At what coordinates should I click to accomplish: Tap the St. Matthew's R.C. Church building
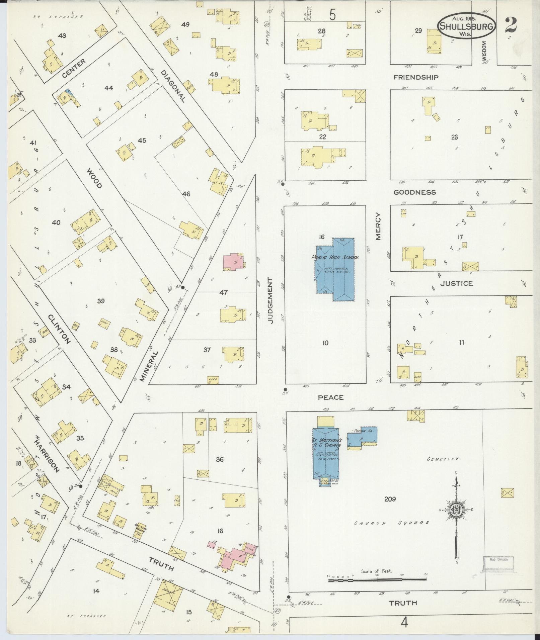(x=327, y=453)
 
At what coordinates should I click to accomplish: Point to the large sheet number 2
(x=511, y=25)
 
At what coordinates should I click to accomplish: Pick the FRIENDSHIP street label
(x=416, y=77)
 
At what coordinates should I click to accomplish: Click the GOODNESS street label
(x=414, y=192)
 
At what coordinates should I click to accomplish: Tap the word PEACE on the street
(x=331, y=397)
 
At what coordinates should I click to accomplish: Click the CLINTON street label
(x=59, y=329)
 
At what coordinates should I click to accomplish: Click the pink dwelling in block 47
(x=233, y=262)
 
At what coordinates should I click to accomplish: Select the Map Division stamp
(x=498, y=559)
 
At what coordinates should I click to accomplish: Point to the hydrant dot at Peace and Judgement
(x=285, y=389)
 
